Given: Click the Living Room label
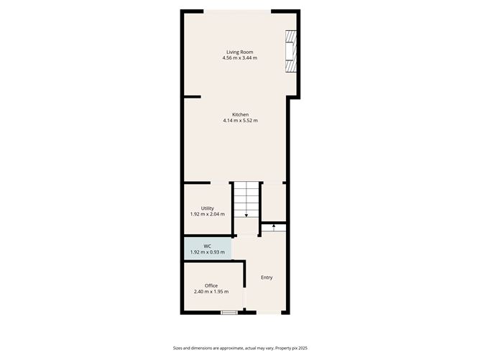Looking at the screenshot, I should click(240, 52).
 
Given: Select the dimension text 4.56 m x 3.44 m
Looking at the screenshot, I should click(240, 58).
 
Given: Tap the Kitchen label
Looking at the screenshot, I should click(240, 114).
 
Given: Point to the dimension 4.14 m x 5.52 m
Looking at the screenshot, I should click(240, 121).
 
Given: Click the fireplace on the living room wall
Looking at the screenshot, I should click(290, 52).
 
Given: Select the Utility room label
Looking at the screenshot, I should click(207, 208).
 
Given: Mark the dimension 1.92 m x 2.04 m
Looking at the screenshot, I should click(207, 214).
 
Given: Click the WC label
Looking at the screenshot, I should click(207, 246).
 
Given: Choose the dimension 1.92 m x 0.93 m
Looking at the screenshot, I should click(207, 252).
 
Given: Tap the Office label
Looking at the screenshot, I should click(211, 285).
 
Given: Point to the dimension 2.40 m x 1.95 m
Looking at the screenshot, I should click(211, 292).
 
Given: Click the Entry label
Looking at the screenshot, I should click(267, 277).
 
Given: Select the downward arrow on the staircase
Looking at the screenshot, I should click(246, 214).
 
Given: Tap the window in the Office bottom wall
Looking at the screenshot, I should click(229, 312).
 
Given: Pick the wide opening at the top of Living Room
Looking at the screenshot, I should click(238, 11).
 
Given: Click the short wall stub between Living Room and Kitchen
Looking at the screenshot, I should click(191, 97).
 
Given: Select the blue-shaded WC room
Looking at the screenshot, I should click(207, 249).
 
